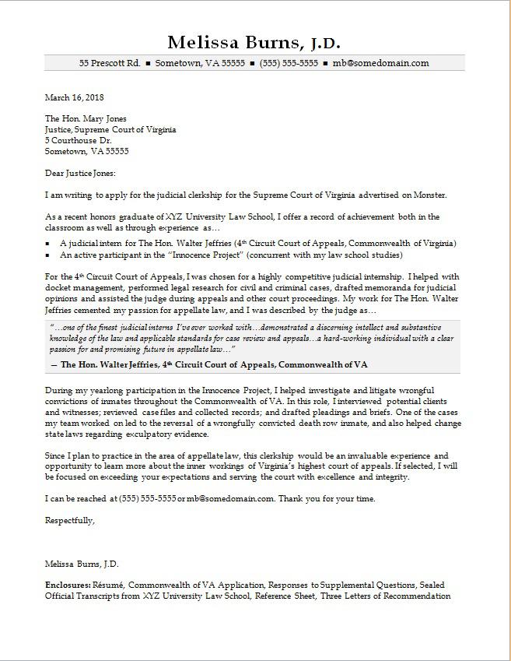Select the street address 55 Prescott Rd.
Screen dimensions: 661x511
pos(110,63)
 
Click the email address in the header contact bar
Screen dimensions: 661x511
pos(381,63)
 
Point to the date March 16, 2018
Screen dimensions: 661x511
pos(74,98)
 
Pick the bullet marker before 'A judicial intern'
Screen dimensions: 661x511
pos(48,244)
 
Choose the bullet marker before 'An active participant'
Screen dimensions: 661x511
pos(48,255)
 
